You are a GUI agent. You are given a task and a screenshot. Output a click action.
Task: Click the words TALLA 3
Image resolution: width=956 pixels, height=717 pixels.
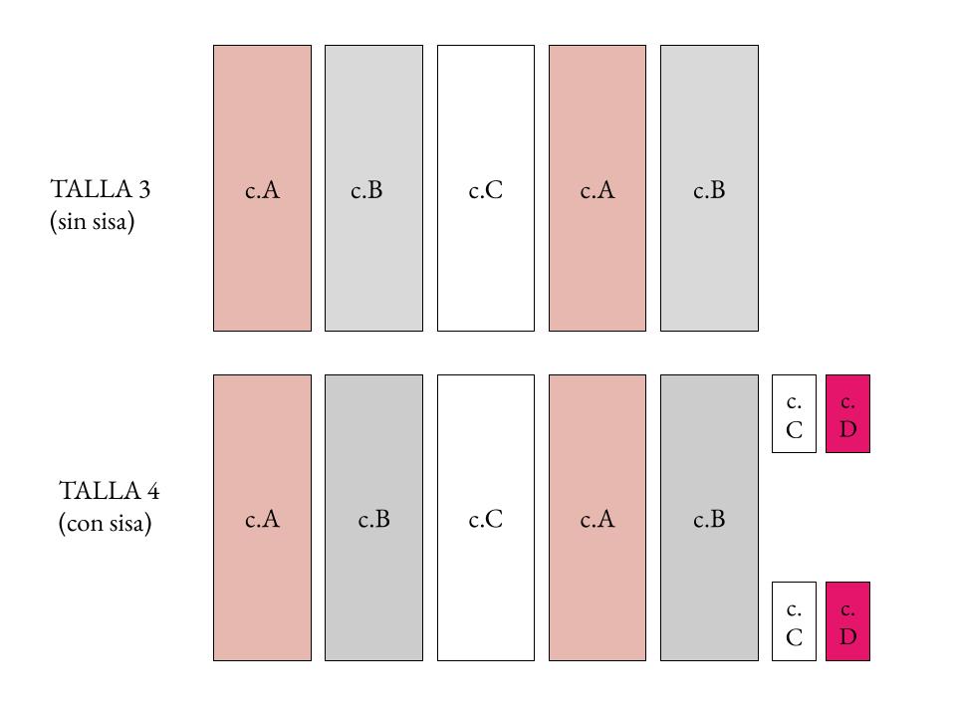coord(100,189)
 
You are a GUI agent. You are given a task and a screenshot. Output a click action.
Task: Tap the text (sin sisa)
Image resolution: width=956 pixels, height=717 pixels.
coord(92,221)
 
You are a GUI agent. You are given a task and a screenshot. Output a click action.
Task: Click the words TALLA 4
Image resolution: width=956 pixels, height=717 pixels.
coord(110,491)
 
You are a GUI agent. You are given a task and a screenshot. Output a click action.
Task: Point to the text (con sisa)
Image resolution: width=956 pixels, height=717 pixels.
coord(105,523)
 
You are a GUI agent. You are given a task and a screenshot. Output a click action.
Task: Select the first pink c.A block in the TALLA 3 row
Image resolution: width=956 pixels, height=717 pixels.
coord(262,188)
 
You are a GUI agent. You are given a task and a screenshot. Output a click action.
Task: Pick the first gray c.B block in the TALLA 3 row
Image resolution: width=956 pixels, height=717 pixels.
coord(373,188)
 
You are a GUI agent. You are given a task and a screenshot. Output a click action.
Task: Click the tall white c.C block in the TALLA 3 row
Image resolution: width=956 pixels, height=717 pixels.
coord(486,188)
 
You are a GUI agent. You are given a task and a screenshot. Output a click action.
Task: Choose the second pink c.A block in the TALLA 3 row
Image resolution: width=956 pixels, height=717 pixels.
coord(597,188)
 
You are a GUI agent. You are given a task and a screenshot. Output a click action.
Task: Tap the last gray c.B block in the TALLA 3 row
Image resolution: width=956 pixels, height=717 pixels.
coord(710,188)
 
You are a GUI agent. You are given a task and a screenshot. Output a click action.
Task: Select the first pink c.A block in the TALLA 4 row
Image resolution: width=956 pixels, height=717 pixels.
coord(262,518)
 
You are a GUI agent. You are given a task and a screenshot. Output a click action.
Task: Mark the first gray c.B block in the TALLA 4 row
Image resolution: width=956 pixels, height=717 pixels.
coord(373,518)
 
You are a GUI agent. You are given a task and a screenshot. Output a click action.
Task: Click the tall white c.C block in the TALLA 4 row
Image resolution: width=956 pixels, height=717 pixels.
coord(486,518)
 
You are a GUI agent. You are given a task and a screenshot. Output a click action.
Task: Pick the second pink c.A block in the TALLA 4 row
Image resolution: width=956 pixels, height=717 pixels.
coord(597,518)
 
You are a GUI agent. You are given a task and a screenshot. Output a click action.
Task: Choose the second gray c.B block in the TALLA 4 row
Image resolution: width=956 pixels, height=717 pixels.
coord(710,518)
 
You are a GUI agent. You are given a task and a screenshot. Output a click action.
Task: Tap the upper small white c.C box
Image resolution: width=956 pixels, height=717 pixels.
coord(794,414)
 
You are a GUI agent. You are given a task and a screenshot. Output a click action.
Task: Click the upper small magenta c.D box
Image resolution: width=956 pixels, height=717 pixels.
coord(848,414)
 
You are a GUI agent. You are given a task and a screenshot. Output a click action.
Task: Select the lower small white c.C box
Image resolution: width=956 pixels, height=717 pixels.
coord(794,621)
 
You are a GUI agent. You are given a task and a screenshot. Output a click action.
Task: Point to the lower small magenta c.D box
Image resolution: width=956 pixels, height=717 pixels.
coord(848,621)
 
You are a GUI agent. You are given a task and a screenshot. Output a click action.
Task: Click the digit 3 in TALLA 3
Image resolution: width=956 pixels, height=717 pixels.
coord(143,189)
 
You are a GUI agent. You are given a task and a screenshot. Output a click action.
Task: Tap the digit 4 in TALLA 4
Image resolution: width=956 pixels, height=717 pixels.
coord(153,491)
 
